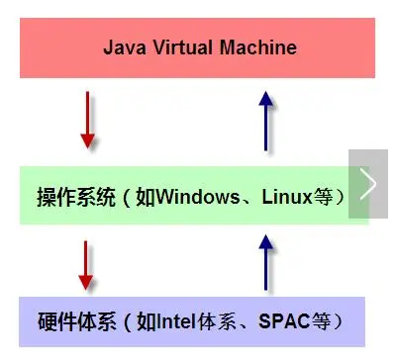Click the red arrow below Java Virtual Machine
(88, 120)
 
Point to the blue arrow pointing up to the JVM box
(264, 120)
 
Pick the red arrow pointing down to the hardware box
(88, 264)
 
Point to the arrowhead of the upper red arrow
(88, 139)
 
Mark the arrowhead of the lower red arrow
(88, 282)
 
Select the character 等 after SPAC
(321, 321)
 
